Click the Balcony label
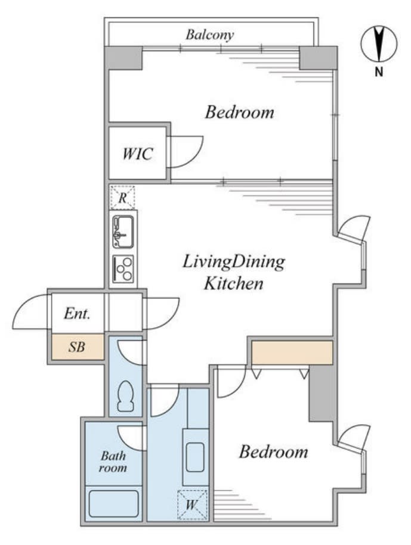[209, 35]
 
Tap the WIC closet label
[137, 154]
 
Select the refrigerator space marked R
[122, 197]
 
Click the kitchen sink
[123, 232]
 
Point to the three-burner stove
[123, 269]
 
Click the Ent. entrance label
[77, 314]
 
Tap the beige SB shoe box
[78, 347]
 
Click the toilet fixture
[126, 396]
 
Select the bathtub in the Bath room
[113, 503]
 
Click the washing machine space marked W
[193, 504]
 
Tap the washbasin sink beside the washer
[195, 457]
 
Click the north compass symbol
[379, 43]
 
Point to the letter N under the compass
[379, 72]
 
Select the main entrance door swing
[30, 311]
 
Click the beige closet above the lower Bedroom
[292, 353]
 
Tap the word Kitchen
[233, 284]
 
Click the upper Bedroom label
[239, 112]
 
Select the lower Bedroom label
[274, 452]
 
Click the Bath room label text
[113, 461]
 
